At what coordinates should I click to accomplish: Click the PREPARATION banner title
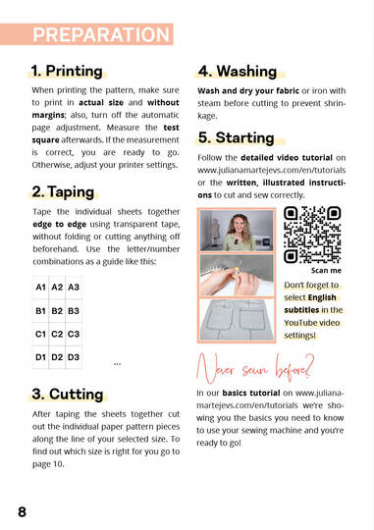click(101, 34)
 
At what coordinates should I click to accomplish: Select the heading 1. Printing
click(67, 71)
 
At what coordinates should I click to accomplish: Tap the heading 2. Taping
click(63, 191)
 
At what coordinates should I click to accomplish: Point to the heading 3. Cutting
click(68, 395)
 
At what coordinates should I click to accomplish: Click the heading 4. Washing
click(238, 72)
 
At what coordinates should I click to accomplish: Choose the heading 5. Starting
click(236, 137)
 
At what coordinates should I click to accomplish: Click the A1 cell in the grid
click(40, 288)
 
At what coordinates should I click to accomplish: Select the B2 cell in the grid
click(57, 310)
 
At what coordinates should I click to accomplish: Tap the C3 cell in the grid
click(74, 334)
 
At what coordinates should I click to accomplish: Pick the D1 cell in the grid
click(40, 357)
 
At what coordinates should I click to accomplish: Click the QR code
click(312, 235)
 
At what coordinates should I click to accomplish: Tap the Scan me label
click(326, 271)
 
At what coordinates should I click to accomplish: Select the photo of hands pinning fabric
click(237, 275)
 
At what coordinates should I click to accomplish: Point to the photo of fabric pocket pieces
click(237, 320)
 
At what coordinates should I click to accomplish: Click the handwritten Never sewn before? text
click(255, 369)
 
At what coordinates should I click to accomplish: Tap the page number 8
click(22, 511)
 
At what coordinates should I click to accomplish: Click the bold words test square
click(105, 133)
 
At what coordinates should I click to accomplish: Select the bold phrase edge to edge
click(60, 224)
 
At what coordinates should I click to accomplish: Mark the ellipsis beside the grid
click(118, 364)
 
